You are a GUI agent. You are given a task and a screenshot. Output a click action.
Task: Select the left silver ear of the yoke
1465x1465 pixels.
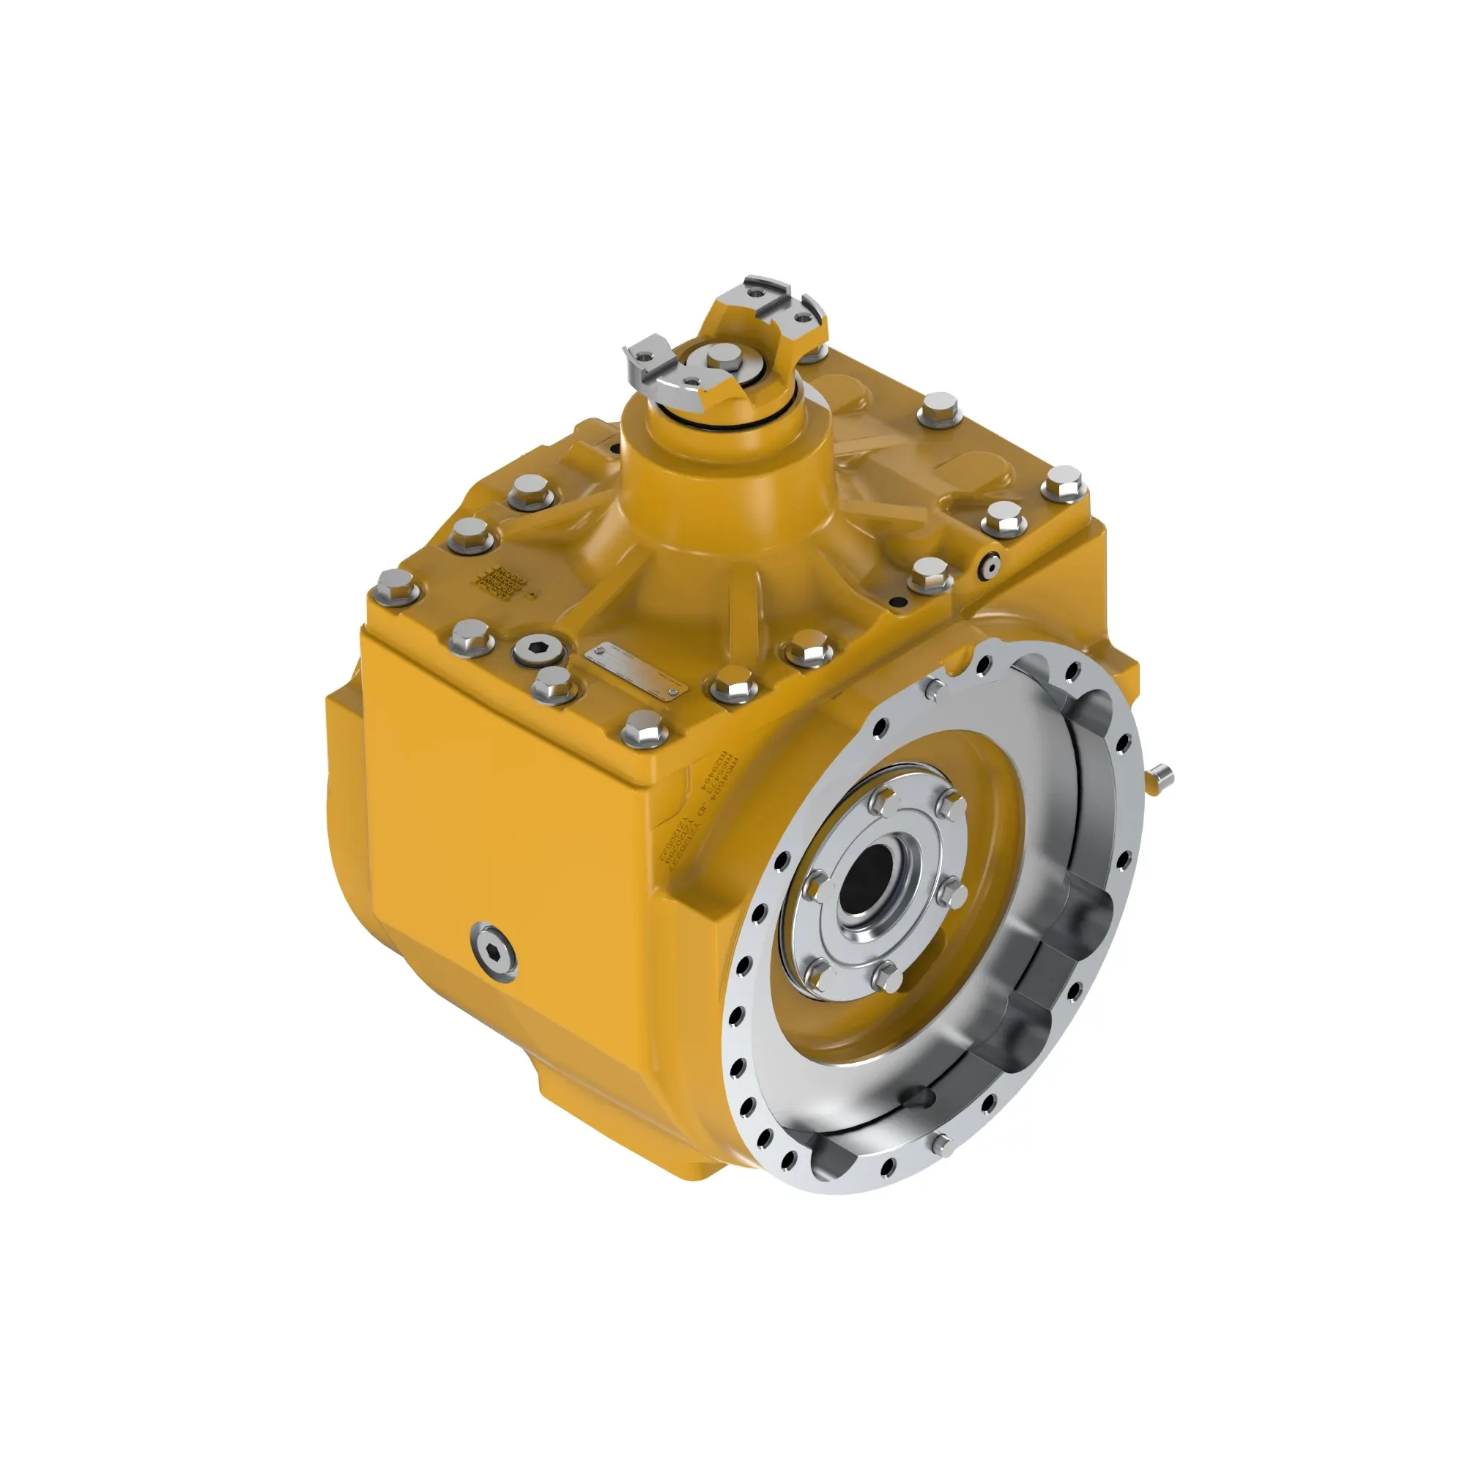651,357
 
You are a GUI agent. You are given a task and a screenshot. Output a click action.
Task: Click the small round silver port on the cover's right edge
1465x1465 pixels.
989,564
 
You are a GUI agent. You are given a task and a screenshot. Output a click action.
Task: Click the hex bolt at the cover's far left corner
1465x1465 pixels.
396,585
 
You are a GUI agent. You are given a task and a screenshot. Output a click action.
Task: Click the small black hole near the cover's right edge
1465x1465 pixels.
899,601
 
